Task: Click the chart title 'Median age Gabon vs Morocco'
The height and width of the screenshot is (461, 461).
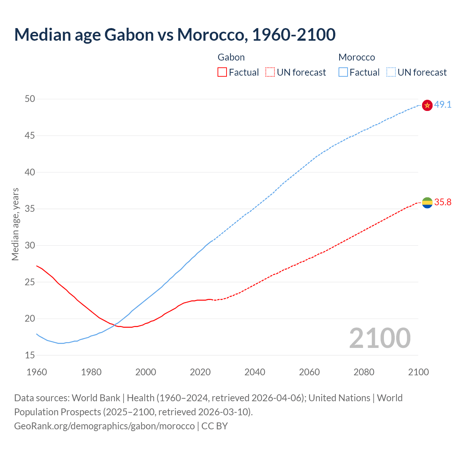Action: tap(175, 35)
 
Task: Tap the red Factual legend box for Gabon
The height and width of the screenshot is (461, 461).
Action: tap(222, 72)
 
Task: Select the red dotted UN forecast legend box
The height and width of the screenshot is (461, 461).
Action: tap(270, 72)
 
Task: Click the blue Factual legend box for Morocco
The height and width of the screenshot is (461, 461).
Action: tap(343, 72)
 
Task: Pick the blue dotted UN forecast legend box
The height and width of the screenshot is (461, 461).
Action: tap(391, 72)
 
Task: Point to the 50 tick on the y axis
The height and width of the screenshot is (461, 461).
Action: tap(30, 99)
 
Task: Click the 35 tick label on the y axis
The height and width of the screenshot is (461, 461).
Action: tap(30, 209)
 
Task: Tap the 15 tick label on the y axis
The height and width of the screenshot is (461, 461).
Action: tap(30, 355)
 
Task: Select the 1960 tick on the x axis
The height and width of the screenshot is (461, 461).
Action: tap(37, 372)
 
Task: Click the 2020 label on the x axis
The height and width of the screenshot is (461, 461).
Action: tap(200, 372)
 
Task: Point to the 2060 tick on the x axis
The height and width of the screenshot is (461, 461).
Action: tap(309, 372)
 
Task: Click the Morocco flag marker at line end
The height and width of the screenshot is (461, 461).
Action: tap(427, 105)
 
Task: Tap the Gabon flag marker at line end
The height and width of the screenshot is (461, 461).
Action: tap(427, 203)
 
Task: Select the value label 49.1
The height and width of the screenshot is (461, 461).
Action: tap(443, 105)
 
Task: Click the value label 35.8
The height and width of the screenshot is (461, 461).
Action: tap(443, 202)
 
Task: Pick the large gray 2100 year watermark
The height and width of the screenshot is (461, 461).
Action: tap(380, 338)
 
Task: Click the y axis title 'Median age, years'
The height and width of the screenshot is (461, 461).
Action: tap(15, 224)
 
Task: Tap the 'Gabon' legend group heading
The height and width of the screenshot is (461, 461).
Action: tap(231, 57)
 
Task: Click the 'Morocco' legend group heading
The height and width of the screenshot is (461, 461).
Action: tap(357, 57)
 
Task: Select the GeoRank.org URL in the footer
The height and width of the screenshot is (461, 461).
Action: tap(104, 426)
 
